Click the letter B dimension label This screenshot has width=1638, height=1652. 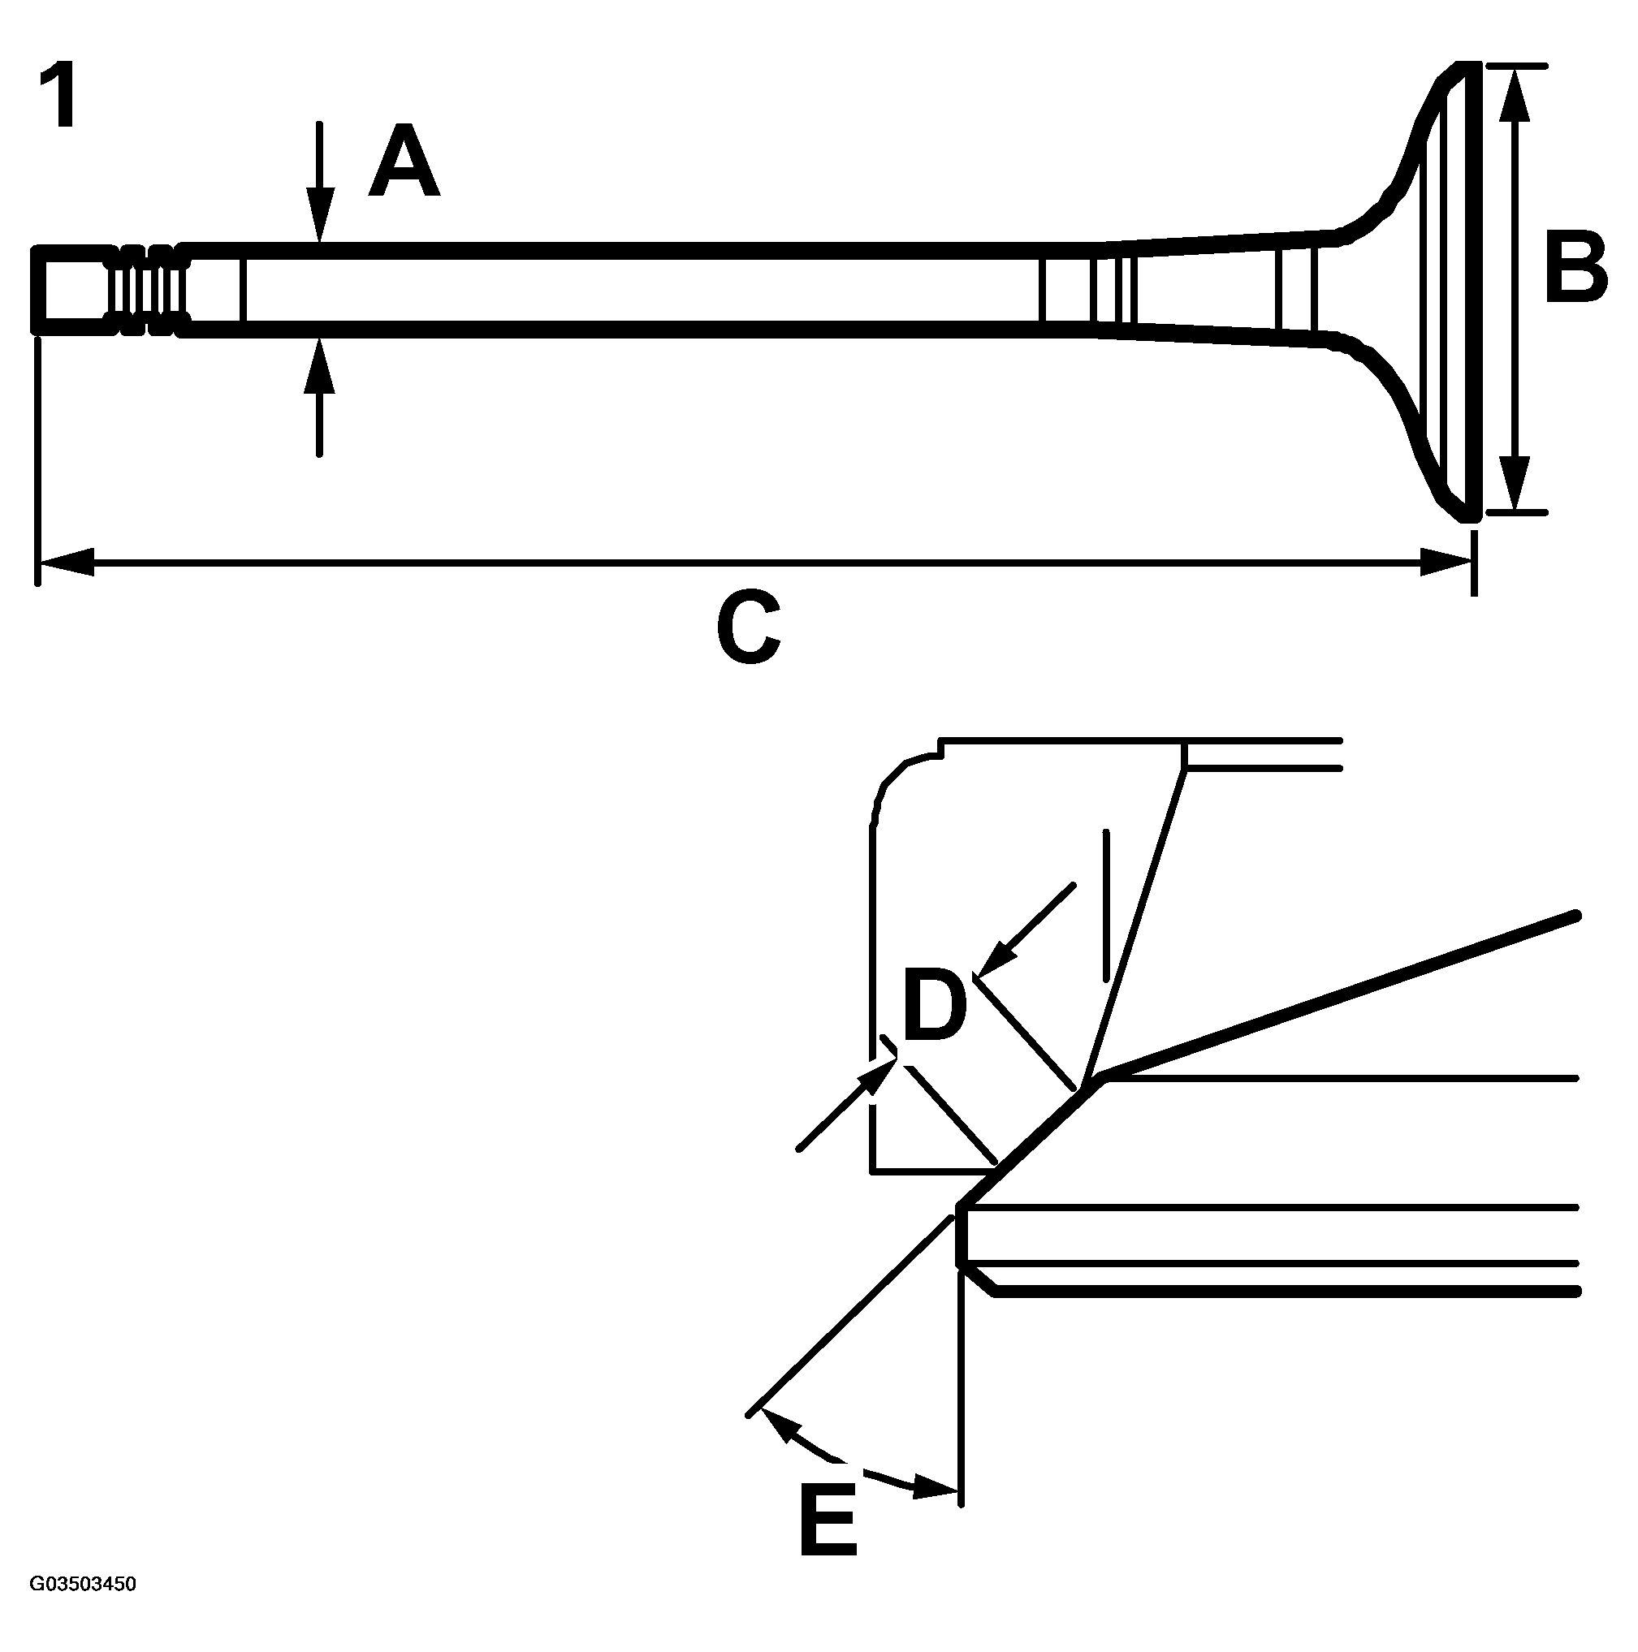tap(1575, 267)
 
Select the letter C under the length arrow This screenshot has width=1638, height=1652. tap(749, 628)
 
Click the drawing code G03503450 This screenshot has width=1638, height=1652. tap(83, 1585)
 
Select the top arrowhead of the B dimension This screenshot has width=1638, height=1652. tap(1514, 91)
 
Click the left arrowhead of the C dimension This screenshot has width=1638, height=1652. tap(64, 563)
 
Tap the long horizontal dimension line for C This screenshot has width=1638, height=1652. tap(753, 563)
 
